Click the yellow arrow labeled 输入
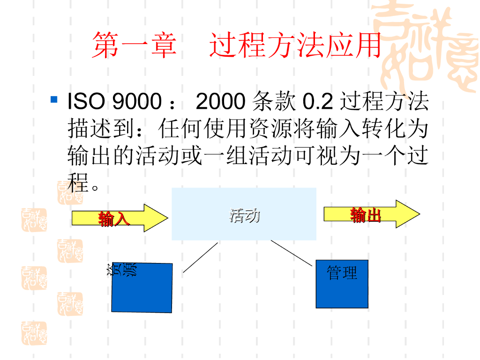(x=120, y=218)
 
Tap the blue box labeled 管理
(x=342, y=291)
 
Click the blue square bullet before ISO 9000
(x=54, y=99)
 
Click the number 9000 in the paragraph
(x=136, y=101)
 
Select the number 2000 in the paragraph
(x=220, y=101)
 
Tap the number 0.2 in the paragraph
(x=318, y=101)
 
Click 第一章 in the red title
(x=134, y=45)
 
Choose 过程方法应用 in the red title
(x=295, y=45)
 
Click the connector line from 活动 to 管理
(x=291, y=254)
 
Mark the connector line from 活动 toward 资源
(x=200, y=257)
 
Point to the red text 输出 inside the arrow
(x=366, y=215)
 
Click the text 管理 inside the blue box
(x=342, y=272)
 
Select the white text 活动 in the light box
(x=244, y=216)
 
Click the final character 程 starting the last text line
(x=78, y=183)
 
